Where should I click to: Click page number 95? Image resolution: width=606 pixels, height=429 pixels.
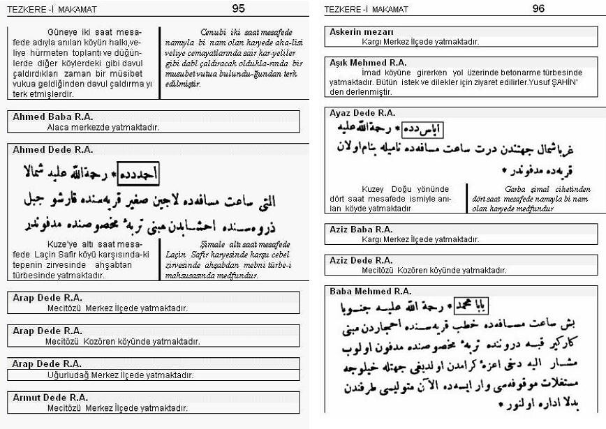click(238, 8)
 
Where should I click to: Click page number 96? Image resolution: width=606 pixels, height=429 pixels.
click(538, 8)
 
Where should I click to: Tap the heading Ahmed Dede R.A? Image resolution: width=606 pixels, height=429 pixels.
click(52, 150)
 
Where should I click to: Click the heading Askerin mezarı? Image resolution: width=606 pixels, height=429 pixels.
click(361, 32)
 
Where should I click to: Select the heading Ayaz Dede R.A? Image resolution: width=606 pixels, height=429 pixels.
click(362, 112)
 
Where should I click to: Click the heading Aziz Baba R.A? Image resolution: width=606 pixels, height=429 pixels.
click(361, 229)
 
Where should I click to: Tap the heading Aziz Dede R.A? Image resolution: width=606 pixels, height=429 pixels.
click(362, 260)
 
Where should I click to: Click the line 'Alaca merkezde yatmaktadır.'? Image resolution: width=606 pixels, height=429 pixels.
click(103, 127)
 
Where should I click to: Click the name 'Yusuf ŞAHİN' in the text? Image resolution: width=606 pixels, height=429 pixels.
click(553, 82)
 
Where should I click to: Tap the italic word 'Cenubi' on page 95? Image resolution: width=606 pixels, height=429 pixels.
click(214, 33)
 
